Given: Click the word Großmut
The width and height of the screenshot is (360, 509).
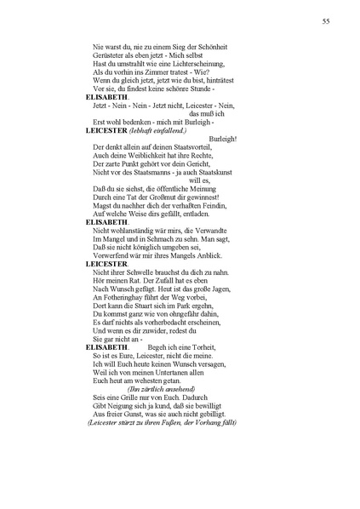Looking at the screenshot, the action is click(162, 196).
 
